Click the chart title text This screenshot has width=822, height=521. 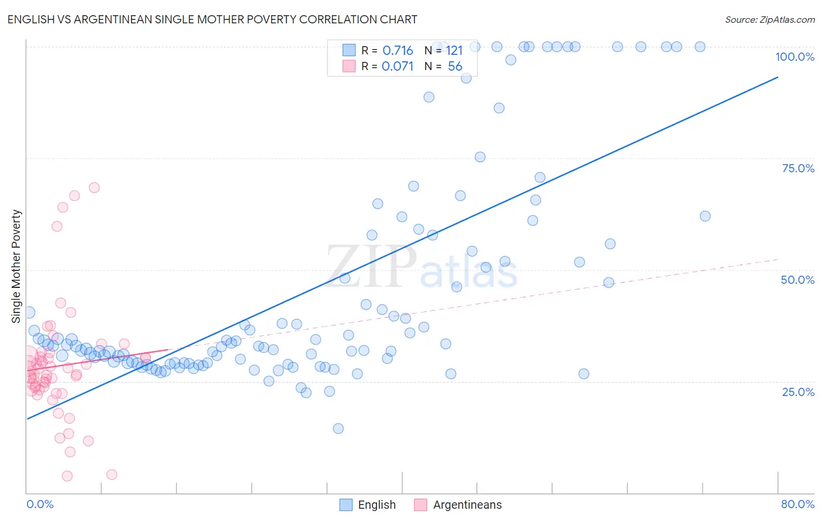pos(212,19)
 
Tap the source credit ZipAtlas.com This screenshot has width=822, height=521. pos(769,19)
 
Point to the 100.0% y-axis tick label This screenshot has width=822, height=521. pos(795,57)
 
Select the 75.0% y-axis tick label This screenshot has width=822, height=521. pos(798,168)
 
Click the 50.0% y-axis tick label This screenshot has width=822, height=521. pos(797,280)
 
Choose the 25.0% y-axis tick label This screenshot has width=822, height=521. pos(798,391)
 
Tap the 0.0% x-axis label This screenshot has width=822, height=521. pos(40,504)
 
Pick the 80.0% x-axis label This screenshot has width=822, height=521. pos(797,504)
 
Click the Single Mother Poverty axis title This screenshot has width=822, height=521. pos(16,266)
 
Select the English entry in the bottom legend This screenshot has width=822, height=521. pos(377,505)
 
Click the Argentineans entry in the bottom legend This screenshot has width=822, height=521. pos(467,505)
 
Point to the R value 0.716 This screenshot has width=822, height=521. pos(398,51)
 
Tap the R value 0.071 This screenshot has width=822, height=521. pos(398,67)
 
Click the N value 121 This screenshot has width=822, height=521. pos(454,51)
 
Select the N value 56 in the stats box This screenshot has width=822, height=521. pos(455,67)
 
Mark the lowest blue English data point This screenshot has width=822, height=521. pos(338,429)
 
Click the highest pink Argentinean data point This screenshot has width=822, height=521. pos(94,187)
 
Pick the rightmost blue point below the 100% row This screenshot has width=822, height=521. pos(705,216)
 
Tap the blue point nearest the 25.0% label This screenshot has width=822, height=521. pos(583,374)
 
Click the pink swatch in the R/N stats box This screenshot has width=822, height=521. pos(349,66)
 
